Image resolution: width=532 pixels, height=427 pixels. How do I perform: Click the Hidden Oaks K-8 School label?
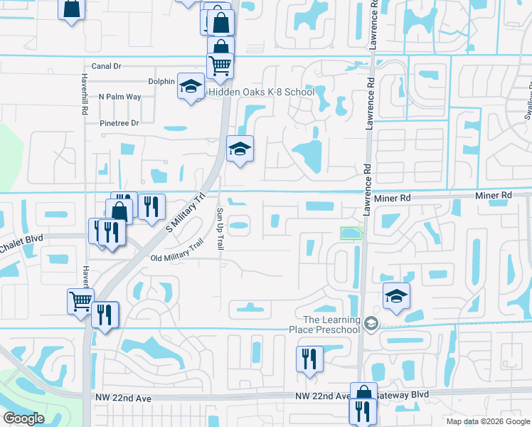[x=261, y=93]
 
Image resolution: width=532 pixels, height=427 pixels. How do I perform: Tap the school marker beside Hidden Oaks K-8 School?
[x=191, y=87]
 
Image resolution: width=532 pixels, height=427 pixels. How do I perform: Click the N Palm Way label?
[x=120, y=96]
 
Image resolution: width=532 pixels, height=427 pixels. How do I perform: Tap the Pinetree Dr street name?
[x=119, y=123]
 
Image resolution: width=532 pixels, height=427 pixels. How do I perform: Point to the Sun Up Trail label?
[x=220, y=228]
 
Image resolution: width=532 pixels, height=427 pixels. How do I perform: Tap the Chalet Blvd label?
[x=21, y=238]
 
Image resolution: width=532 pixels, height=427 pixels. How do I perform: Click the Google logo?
[x=23, y=418]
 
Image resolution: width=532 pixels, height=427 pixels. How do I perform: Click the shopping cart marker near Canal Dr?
[x=220, y=65]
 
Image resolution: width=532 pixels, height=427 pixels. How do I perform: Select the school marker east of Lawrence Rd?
[x=396, y=296]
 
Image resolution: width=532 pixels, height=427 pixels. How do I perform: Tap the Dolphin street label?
[x=161, y=81]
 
